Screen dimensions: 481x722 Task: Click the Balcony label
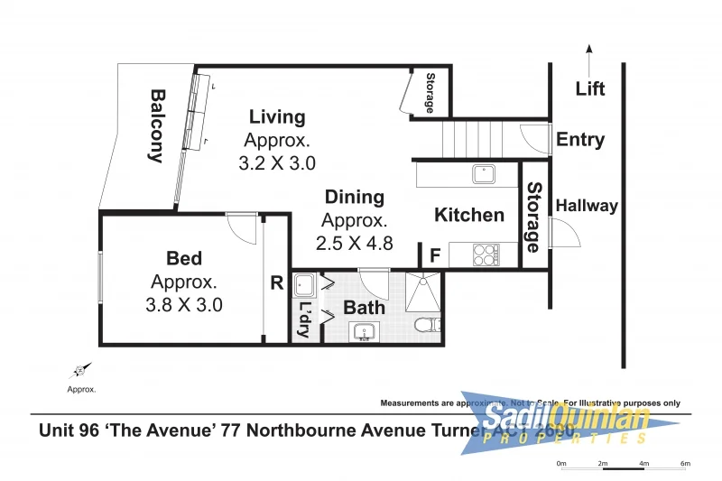156,125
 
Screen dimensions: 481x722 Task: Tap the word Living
277,116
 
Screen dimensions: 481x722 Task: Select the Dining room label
354,197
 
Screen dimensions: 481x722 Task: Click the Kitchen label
469,215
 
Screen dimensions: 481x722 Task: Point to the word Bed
184,259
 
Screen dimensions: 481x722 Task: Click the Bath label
364,307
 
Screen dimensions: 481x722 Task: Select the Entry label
580,140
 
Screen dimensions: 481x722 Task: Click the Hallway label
587,206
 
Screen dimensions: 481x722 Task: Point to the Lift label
590,88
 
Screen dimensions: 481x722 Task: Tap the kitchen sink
483,174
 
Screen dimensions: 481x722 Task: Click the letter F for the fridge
434,255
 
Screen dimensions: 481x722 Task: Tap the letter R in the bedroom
276,283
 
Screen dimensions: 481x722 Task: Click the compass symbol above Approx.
80,370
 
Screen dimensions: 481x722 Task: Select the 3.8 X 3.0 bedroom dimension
183,305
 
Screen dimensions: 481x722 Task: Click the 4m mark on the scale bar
643,464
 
